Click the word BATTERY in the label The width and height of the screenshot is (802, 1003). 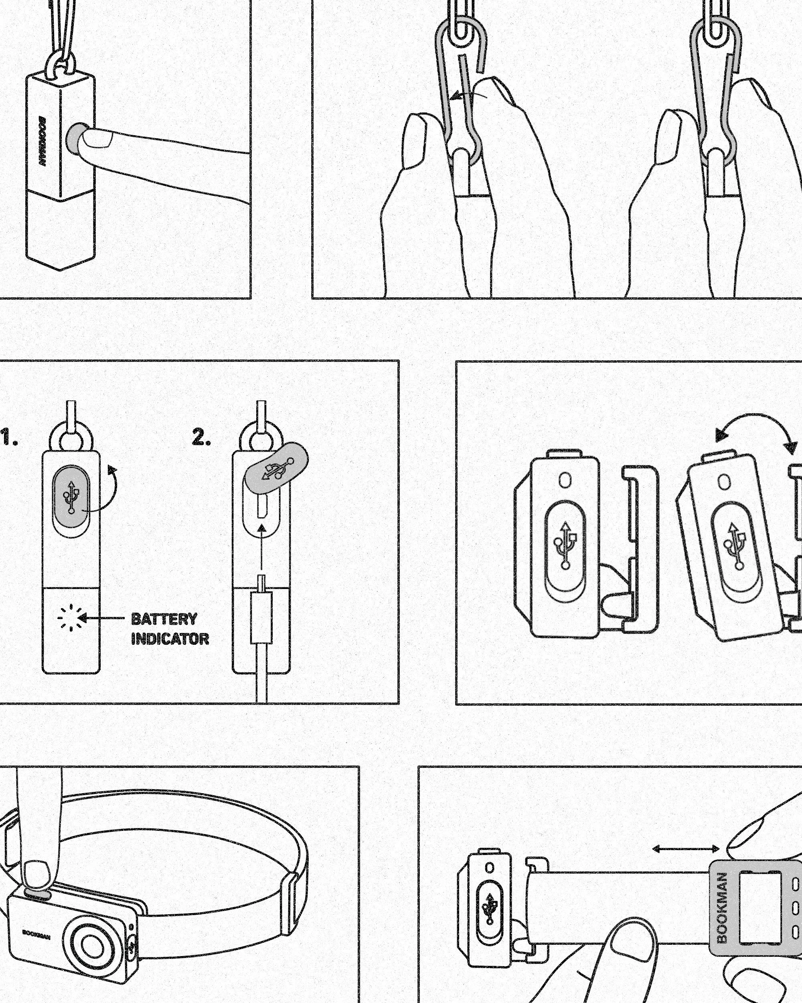(164, 619)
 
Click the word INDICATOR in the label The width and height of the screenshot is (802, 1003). (170, 639)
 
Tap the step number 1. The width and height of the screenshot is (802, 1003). (9, 438)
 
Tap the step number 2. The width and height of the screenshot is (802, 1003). (201, 438)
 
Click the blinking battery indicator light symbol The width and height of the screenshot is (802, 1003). (70, 618)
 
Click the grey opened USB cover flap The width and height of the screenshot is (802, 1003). (277, 467)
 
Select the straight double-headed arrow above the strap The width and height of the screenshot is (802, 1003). (686, 849)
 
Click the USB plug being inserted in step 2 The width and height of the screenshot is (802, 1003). (261, 616)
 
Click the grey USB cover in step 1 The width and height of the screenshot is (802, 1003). (71, 495)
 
